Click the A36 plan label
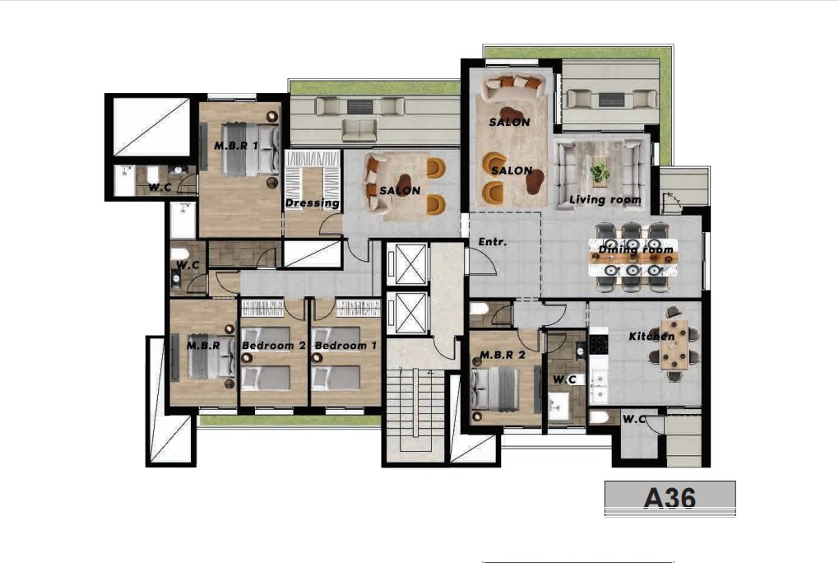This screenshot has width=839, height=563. (x=670, y=498)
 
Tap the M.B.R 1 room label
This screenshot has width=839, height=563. (x=236, y=145)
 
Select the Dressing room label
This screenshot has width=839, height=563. (x=312, y=203)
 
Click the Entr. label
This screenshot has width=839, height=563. (x=492, y=242)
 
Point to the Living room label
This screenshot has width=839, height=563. (x=605, y=200)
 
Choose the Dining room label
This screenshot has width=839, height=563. (x=636, y=249)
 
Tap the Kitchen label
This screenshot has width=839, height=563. (x=651, y=337)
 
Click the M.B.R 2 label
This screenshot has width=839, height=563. (x=503, y=355)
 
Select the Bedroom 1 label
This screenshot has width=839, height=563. (x=345, y=346)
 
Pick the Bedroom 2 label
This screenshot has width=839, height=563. (x=273, y=346)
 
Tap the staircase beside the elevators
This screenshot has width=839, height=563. (x=415, y=410)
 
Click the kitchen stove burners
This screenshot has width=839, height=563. (x=599, y=344)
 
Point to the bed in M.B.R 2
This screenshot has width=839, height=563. (x=495, y=389)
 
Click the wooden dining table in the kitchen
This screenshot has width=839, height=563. (x=674, y=344)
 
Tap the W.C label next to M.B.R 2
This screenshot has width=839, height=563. (x=564, y=379)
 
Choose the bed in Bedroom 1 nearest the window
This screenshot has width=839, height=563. (x=336, y=378)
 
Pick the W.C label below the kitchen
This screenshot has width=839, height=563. (x=634, y=419)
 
